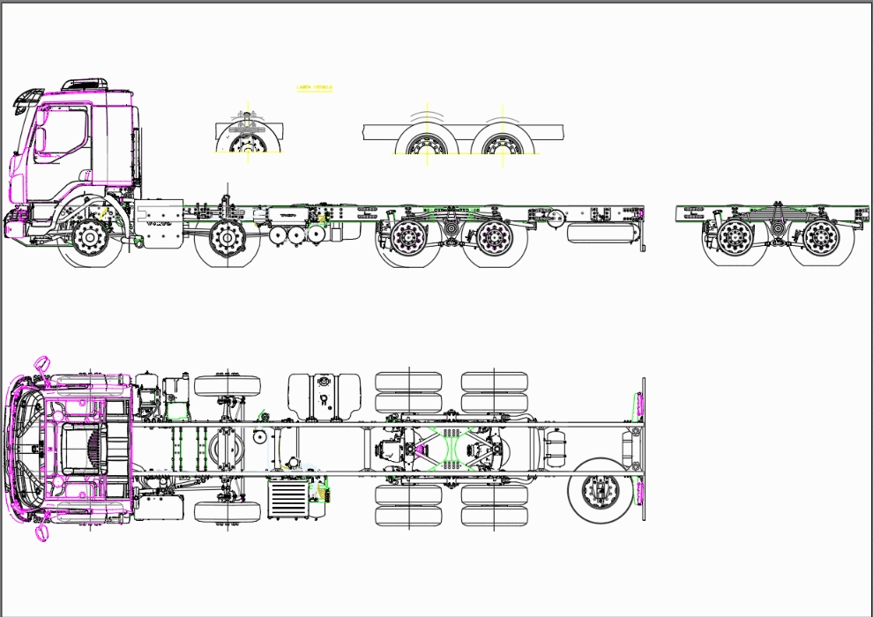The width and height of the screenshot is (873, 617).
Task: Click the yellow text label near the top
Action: (315, 88)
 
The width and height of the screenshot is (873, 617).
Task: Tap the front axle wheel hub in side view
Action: (90, 237)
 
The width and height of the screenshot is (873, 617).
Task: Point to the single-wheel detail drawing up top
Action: (248, 135)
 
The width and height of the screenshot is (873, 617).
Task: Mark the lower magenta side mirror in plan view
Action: (40, 532)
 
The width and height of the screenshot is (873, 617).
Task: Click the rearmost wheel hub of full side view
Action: (495, 237)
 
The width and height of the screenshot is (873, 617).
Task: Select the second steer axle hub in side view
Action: (227, 237)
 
